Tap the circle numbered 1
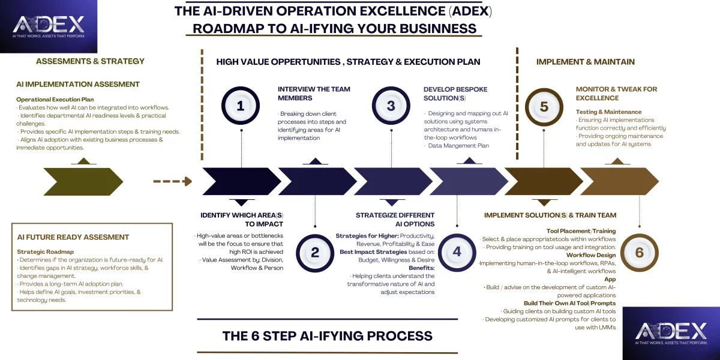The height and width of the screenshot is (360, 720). coord(241,106)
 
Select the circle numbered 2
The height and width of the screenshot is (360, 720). coord(315,252)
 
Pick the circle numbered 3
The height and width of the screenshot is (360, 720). coord(391,106)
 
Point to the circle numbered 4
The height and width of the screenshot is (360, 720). coord(457,252)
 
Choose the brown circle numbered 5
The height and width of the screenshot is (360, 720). coord(544,106)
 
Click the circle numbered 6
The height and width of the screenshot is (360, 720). coord(639,252)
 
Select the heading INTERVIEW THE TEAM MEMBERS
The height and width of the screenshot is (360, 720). coord(314,94)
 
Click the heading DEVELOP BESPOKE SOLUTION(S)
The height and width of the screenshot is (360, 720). coord(455,94)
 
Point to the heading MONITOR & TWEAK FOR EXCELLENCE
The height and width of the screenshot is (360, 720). coord(616,94)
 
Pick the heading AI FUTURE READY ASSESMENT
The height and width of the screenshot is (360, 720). coord(73,237)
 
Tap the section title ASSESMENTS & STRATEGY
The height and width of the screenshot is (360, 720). coord(90,61)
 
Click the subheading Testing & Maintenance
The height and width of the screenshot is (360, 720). coord(608,112)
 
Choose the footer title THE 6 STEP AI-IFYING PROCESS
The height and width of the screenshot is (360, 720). coord(327,335)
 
